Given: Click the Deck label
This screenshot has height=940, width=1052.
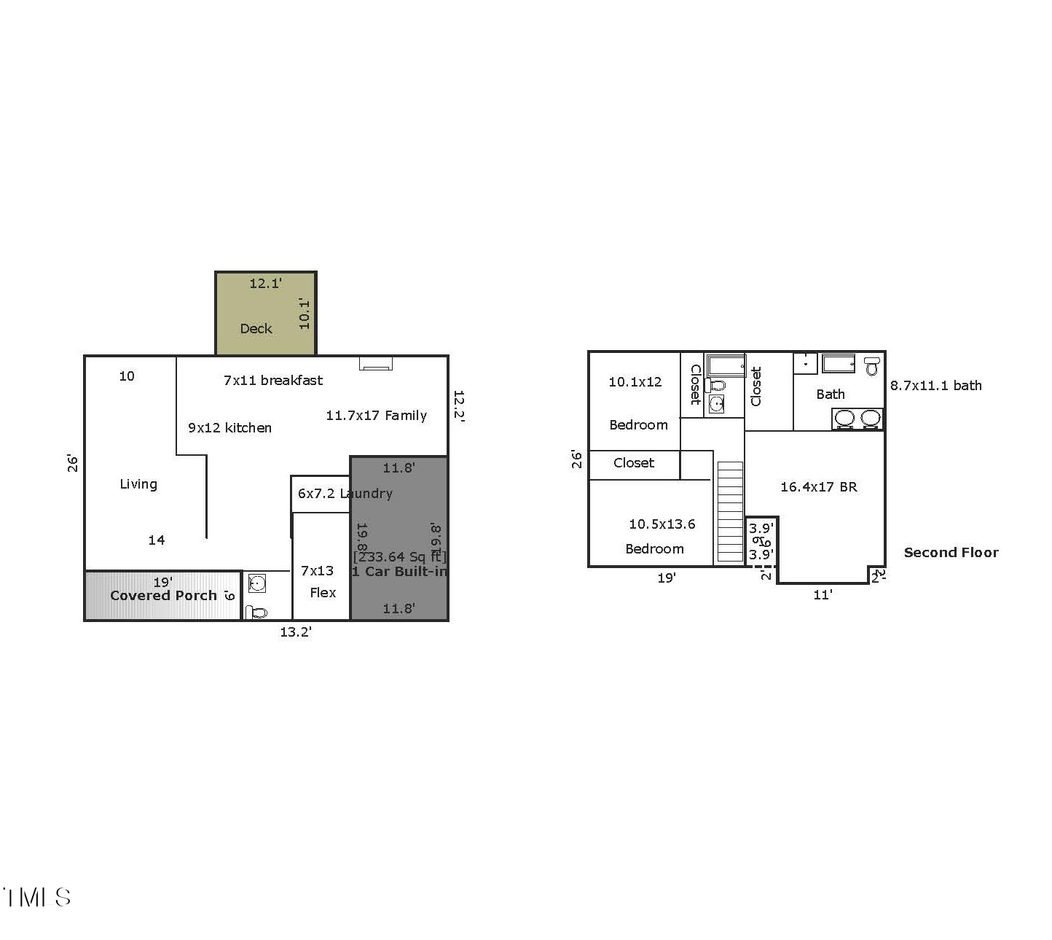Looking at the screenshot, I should pos(256,329).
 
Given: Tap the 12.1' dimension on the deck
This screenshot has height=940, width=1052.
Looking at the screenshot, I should pos(265,284).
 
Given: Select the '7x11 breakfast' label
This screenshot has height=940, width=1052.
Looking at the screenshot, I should pos(272,380).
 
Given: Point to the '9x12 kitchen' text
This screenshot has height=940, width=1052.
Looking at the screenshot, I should pos(229,428).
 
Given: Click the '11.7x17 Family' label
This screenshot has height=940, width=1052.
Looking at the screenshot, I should pos(376,416).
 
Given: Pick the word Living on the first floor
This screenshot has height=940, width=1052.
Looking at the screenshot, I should pos(138,484).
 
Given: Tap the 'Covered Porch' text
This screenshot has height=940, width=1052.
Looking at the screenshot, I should pos(163,596).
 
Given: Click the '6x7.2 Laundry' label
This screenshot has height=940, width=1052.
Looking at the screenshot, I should pos(345,494).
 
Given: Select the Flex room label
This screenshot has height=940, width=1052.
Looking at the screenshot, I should pos(323,593).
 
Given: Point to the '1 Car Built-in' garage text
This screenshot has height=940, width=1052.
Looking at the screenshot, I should pos(399,572).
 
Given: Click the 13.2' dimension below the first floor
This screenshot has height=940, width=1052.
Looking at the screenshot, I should pos(296,632).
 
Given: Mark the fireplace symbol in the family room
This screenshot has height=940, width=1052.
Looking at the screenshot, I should pos(375,363).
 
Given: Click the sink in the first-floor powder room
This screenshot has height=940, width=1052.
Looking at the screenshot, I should pos(256,583).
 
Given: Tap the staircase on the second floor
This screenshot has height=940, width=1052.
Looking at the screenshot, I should pos(730,512).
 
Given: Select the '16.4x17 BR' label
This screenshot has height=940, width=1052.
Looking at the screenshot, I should pos(818,487).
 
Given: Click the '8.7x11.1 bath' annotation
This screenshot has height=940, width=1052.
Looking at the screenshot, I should pos(935,386).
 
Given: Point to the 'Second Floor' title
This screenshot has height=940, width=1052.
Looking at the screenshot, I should pos(951,553).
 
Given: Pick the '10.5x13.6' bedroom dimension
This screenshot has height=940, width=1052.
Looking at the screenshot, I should pos(662,524).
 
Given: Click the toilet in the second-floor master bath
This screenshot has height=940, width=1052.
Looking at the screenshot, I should pos(872,365).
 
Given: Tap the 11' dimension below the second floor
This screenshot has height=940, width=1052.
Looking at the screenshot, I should pos(823,595).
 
